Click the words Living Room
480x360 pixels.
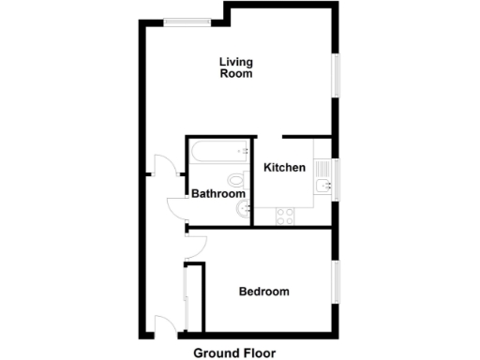[x=236, y=69]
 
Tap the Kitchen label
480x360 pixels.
[x=284, y=168]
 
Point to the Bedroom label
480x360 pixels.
[x=263, y=292]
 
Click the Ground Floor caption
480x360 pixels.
[x=238, y=352]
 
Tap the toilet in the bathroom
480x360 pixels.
[x=235, y=178]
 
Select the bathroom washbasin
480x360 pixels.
[x=244, y=208]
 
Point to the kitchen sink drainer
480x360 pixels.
[x=323, y=168]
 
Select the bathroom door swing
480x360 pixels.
[x=176, y=208]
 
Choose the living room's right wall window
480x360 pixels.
[x=334, y=74]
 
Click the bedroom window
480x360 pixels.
[x=334, y=281]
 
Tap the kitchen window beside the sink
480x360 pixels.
[x=334, y=178]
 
